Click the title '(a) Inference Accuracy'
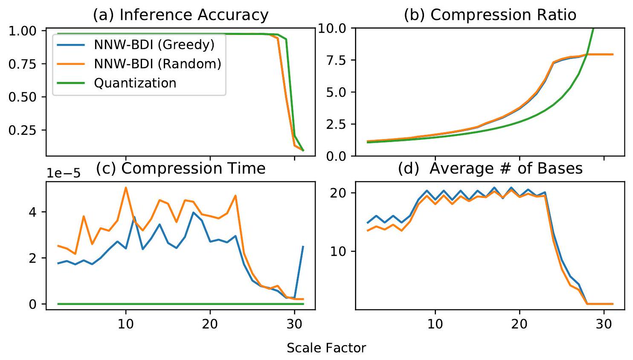click(180, 15)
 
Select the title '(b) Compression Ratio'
click(490, 15)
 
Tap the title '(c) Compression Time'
click(180, 168)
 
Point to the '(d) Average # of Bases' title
click(490, 168)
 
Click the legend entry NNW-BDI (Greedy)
click(154, 45)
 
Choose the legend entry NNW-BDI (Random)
click(157, 64)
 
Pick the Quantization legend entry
click(135, 83)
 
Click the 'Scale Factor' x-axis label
click(326, 348)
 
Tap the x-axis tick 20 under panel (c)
click(210, 323)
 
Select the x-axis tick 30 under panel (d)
click(604, 323)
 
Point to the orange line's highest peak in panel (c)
click(125, 187)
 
